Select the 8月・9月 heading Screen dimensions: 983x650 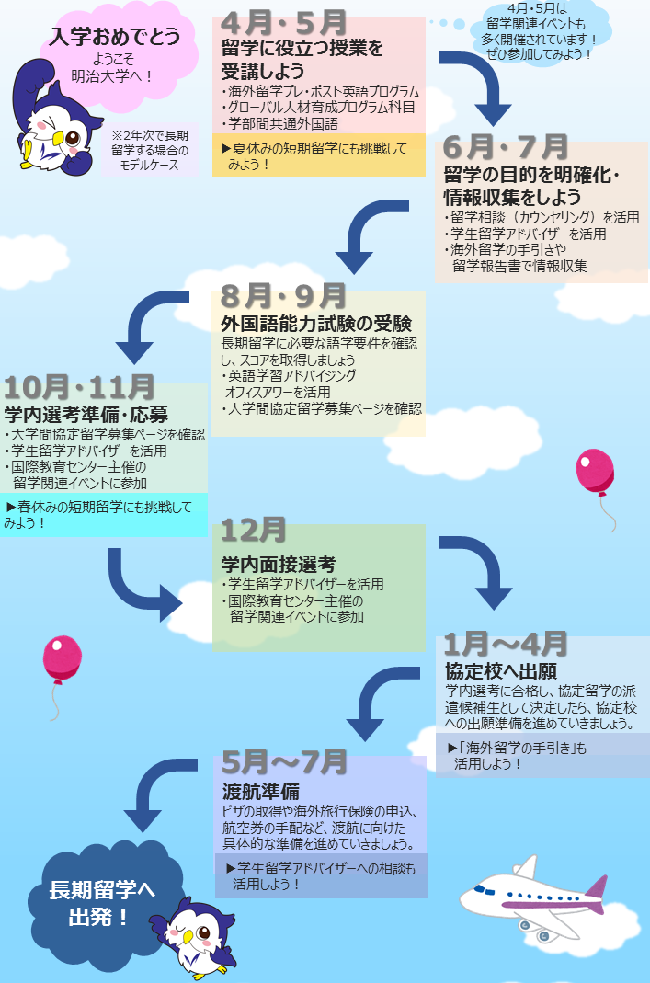[x=282, y=296]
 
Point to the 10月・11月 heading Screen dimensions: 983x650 [x=79, y=387]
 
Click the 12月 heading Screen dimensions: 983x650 [x=253, y=530]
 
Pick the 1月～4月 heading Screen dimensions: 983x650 [x=506, y=644]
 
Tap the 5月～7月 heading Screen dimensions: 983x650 [x=284, y=761]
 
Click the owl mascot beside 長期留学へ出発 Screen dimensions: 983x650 [x=195, y=936]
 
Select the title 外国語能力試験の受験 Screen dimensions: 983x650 [x=315, y=324]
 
